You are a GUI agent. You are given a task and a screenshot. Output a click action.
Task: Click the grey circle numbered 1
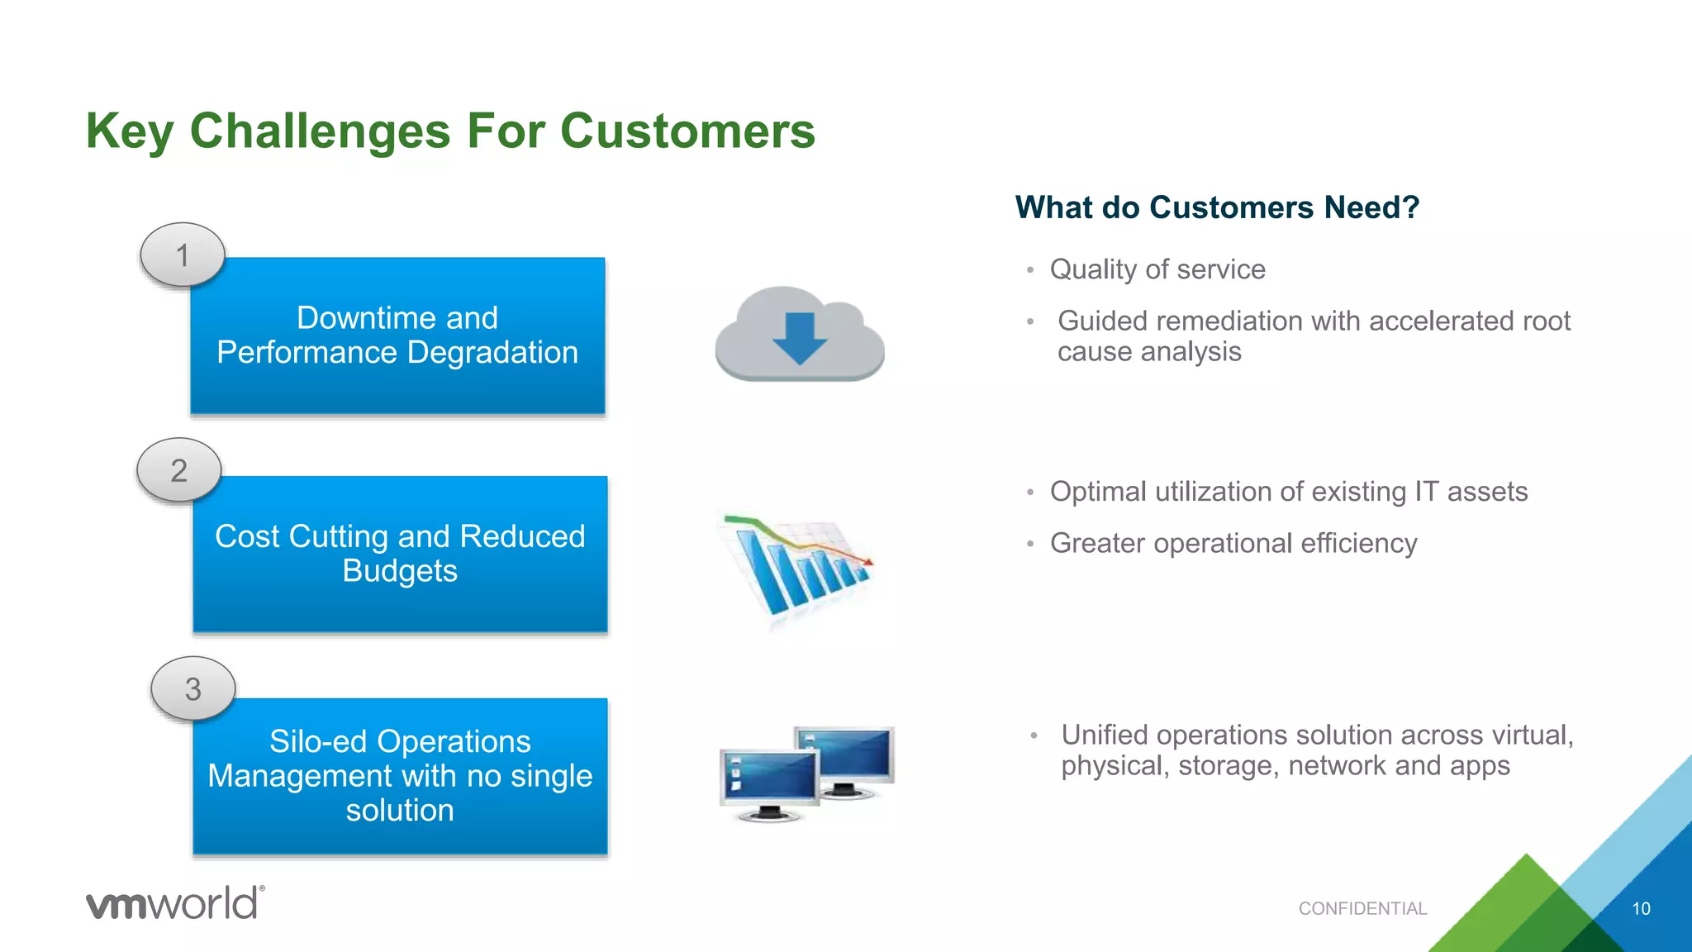coord(183,255)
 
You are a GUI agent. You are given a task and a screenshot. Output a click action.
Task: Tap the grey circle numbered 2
coord(179,470)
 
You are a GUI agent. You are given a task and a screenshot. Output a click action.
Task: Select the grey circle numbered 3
coord(193,689)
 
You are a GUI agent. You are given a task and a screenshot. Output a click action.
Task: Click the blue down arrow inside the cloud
coord(799,338)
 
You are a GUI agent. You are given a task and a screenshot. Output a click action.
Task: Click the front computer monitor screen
coord(768,776)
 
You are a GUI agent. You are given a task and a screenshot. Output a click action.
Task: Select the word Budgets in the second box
coord(400,571)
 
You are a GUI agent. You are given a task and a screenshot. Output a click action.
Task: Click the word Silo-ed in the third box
coord(317,741)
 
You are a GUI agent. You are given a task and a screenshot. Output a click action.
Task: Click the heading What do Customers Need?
coord(1217,207)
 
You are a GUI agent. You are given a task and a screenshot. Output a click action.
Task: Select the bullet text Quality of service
coord(1157,269)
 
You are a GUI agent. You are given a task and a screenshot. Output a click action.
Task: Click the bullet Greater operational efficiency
coord(1233,544)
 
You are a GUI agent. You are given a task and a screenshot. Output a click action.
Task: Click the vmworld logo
coord(175,902)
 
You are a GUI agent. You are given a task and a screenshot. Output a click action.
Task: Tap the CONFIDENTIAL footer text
coord(1362,909)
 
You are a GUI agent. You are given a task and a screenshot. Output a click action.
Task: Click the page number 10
coord(1641,909)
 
